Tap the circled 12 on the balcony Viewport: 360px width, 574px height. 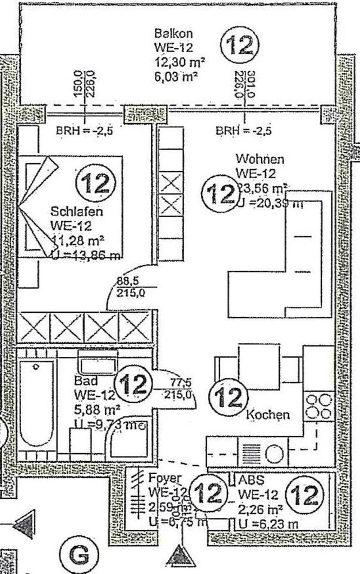(240, 46)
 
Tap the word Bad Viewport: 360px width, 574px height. (84, 381)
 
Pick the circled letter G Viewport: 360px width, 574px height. (78, 555)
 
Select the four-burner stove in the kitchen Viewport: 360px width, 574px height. (319, 406)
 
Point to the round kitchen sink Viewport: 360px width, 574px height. (274, 454)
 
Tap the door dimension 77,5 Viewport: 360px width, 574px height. (177, 381)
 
